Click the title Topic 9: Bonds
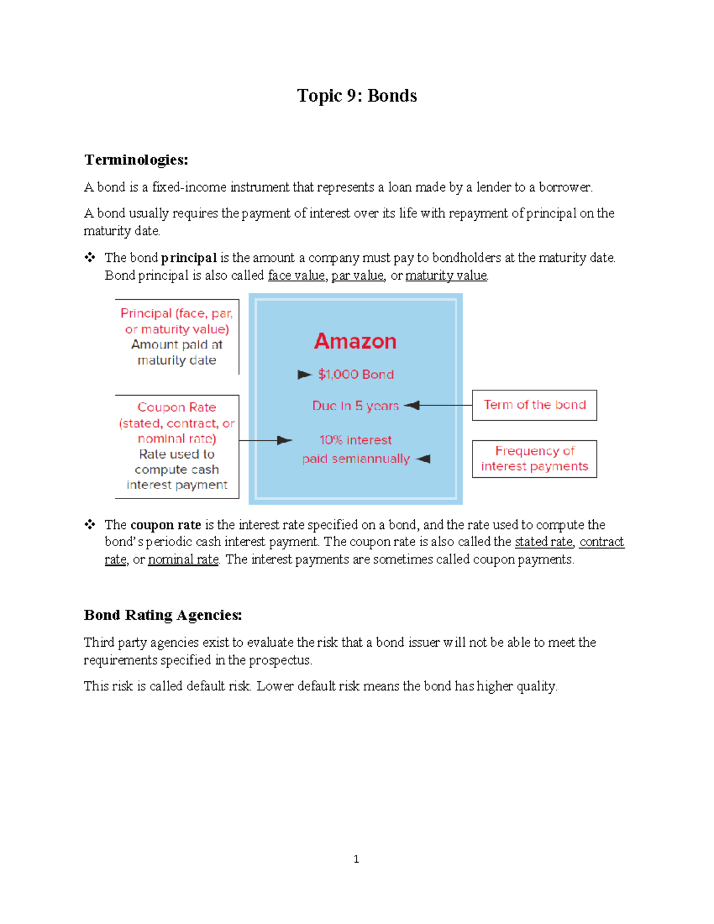tap(357, 96)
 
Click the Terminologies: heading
tap(136, 160)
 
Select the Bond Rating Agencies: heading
tap(163, 615)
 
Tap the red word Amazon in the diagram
tap(355, 341)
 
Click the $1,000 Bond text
tap(356, 374)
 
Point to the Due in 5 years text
tap(355, 406)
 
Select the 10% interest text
tap(355, 440)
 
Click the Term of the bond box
tap(534, 405)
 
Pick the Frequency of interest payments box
tap(534, 459)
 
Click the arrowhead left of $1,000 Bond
tap(305, 374)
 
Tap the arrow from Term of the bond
tap(438, 405)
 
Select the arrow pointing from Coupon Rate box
tap(265, 440)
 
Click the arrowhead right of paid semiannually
tap(423, 459)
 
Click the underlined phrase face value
tap(296, 275)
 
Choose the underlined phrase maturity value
tap(446, 275)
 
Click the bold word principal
tap(189, 258)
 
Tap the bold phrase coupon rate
tap(165, 525)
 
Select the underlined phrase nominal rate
tap(183, 560)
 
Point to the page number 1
tap(356, 859)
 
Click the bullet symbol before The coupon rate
tap(90, 524)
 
